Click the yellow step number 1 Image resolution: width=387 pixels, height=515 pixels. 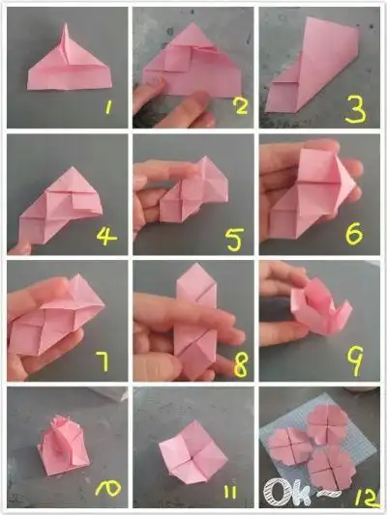pos(108,107)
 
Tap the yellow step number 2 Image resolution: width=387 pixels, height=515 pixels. pos(240,105)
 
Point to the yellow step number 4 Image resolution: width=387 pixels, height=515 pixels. pos(106,236)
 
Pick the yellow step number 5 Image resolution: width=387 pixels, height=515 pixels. pos(235,239)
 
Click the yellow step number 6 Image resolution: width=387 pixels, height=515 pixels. pos(354,233)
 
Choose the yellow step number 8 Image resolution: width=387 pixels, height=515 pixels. pos(240,365)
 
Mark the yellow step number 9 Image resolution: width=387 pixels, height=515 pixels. pos(355,360)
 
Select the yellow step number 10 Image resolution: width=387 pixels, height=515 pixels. pos(107,488)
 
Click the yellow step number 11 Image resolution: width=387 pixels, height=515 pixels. pos(230,493)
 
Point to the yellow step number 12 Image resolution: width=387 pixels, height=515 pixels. pos(367,500)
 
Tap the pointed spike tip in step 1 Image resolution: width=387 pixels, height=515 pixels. pos(65,24)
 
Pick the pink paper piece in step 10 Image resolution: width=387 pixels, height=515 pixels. pos(64,445)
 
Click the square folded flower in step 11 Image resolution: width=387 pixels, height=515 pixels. pos(193,450)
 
